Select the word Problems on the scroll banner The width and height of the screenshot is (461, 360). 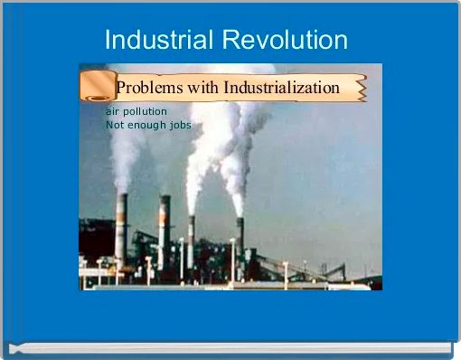[149, 88]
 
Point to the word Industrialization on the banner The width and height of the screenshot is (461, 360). [281, 88]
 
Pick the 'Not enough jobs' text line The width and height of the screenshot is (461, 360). [148, 125]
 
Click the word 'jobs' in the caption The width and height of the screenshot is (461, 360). [180, 125]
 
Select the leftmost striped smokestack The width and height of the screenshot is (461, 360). [120, 226]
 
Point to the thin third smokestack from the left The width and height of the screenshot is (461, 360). [191, 240]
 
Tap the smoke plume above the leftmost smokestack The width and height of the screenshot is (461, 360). [125, 158]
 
